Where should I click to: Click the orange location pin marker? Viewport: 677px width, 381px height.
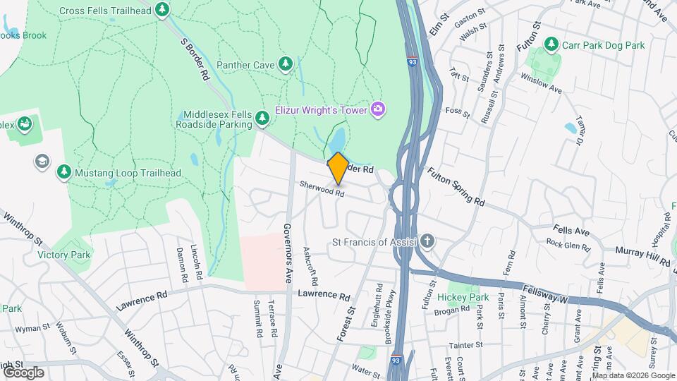[338, 167]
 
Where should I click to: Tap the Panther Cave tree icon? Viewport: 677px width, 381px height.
[286, 65]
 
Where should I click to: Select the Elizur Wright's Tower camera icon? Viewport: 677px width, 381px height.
[379, 109]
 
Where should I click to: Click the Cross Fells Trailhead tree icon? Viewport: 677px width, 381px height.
[163, 10]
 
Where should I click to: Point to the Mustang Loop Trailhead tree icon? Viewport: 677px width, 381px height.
[63, 172]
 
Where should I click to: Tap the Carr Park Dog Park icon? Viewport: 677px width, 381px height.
[551, 45]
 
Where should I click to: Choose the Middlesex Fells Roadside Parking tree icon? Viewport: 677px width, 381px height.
[263, 117]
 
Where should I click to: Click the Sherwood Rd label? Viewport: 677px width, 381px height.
[322, 188]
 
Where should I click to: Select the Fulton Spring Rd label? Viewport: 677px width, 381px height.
[456, 186]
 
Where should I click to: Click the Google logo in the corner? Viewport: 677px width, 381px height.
[23, 372]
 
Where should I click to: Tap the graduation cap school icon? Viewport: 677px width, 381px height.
[42, 161]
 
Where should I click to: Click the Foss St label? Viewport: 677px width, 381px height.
[457, 111]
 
